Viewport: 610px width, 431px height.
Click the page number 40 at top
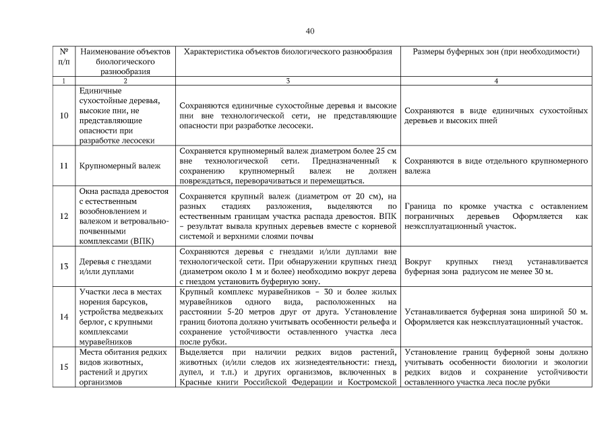point(310,31)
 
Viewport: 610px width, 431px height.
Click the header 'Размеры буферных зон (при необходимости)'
point(496,51)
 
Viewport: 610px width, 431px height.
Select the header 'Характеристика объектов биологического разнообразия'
point(288,51)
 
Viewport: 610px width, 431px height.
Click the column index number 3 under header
point(288,81)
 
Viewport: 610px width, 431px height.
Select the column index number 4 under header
point(496,81)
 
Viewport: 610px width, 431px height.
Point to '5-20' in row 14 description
point(231,312)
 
